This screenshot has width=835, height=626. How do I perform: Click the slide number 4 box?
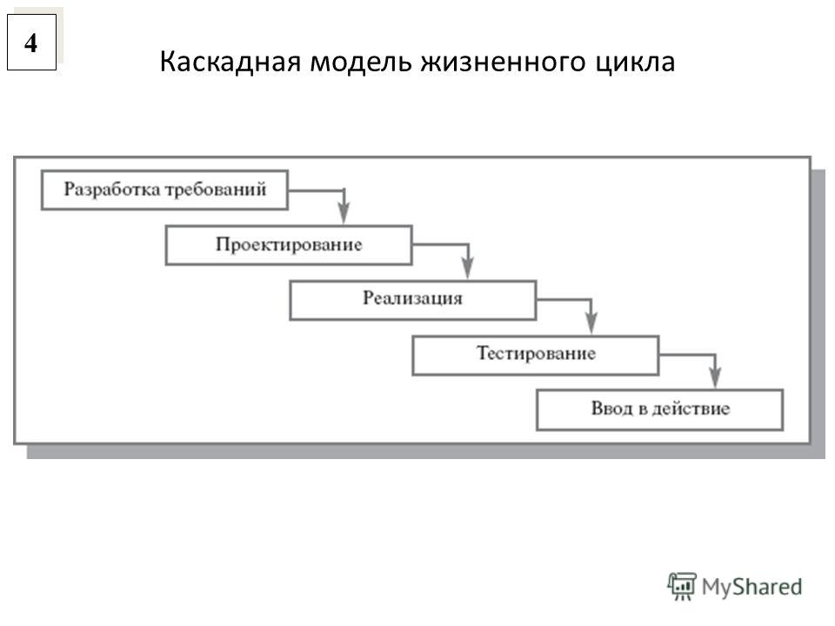point(31,42)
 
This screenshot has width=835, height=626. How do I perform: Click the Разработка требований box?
point(164,190)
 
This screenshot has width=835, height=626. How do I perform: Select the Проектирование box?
point(289,244)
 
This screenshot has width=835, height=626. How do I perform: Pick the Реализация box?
point(412,299)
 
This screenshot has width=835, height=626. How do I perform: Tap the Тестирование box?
point(536,354)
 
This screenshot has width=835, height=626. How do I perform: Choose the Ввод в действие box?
point(659,409)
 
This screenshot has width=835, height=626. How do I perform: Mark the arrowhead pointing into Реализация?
point(468,270)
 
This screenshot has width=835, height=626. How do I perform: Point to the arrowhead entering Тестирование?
point(591,324)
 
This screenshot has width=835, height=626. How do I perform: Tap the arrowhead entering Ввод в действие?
point(715,379)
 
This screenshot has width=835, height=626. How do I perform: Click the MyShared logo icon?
point(682,586)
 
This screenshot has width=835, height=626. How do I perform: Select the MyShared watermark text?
point(752,587)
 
